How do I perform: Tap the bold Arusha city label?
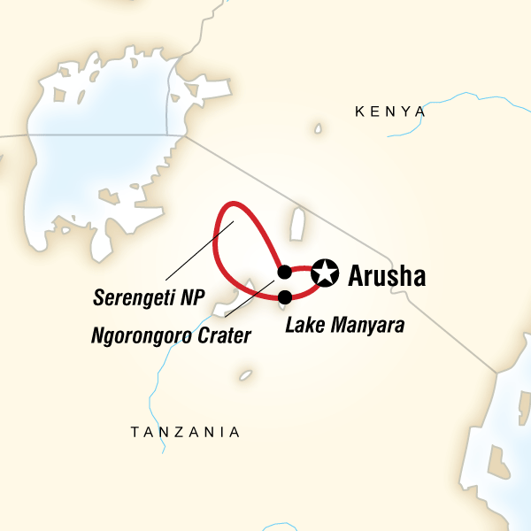point(388,275)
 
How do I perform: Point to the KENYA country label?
point(389,112)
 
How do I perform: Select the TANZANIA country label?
point(184,432)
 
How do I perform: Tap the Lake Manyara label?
point(345,325)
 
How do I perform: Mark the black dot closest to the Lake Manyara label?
point(284,296)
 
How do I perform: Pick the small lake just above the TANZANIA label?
point(245,374)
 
